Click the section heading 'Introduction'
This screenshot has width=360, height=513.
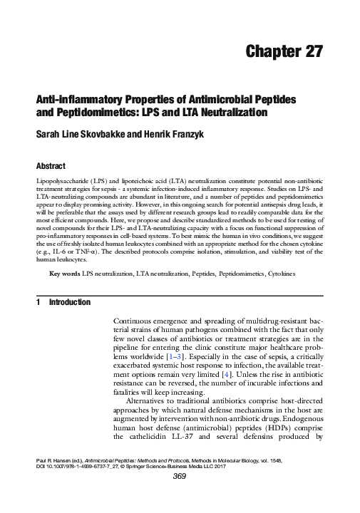(x=69, y=302)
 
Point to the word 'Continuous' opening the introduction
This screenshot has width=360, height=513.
(x=139, y=323)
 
